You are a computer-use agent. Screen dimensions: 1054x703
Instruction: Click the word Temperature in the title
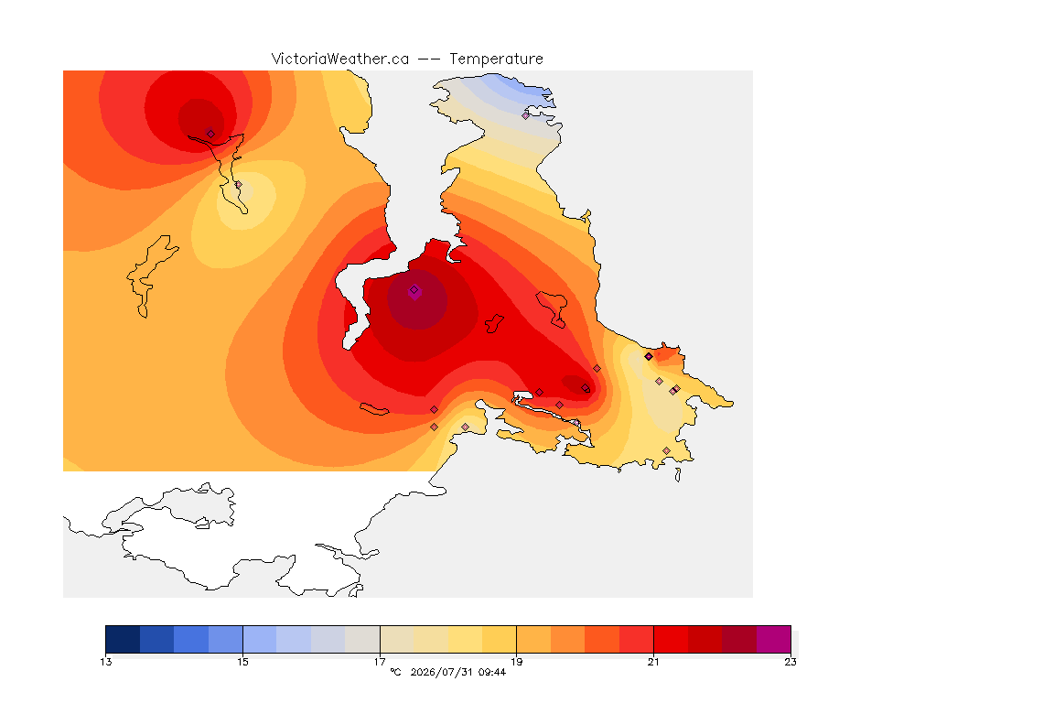click(x=496, y=59)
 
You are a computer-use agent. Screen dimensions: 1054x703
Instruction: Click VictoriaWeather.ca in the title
click(x=340, y=59)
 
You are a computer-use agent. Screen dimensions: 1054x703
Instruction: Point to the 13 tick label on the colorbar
click(x=106, y=662)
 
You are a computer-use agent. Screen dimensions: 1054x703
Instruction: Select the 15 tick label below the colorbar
click(x=242, y=662)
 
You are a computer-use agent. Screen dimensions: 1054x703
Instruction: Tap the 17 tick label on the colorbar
click(x=380, y=662)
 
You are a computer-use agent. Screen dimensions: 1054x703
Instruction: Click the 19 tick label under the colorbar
click(x=516, y=662)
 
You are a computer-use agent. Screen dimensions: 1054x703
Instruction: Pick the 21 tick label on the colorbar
click(x=653, y=662)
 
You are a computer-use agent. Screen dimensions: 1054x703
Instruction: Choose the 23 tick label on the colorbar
click(x=790, y=662)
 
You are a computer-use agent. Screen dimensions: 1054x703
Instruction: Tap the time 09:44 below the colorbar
click(x=492, y=672)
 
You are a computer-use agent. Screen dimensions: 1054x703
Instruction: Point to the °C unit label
click(x=395, y=672)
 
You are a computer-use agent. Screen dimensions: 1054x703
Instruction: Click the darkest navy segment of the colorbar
click(x=123, y=639)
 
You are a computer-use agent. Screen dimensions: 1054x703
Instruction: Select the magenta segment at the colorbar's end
click(x=774, y=639)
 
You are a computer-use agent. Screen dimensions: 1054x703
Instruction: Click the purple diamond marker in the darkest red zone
click(x=414, y=290)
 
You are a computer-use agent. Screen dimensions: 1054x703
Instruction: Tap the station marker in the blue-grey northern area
click(x=526, y=115)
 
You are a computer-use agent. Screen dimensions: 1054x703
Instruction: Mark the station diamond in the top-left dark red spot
click(x=210, y=134)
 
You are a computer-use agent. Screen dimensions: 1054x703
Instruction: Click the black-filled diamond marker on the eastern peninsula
click(x=649, y=357)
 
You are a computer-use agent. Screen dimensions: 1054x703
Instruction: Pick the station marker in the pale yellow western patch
click(x=238, y=184)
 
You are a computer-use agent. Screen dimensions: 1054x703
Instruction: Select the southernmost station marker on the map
click(x=666, y=450)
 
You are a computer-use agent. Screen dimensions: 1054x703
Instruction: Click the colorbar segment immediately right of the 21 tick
click(x=671, y=639)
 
